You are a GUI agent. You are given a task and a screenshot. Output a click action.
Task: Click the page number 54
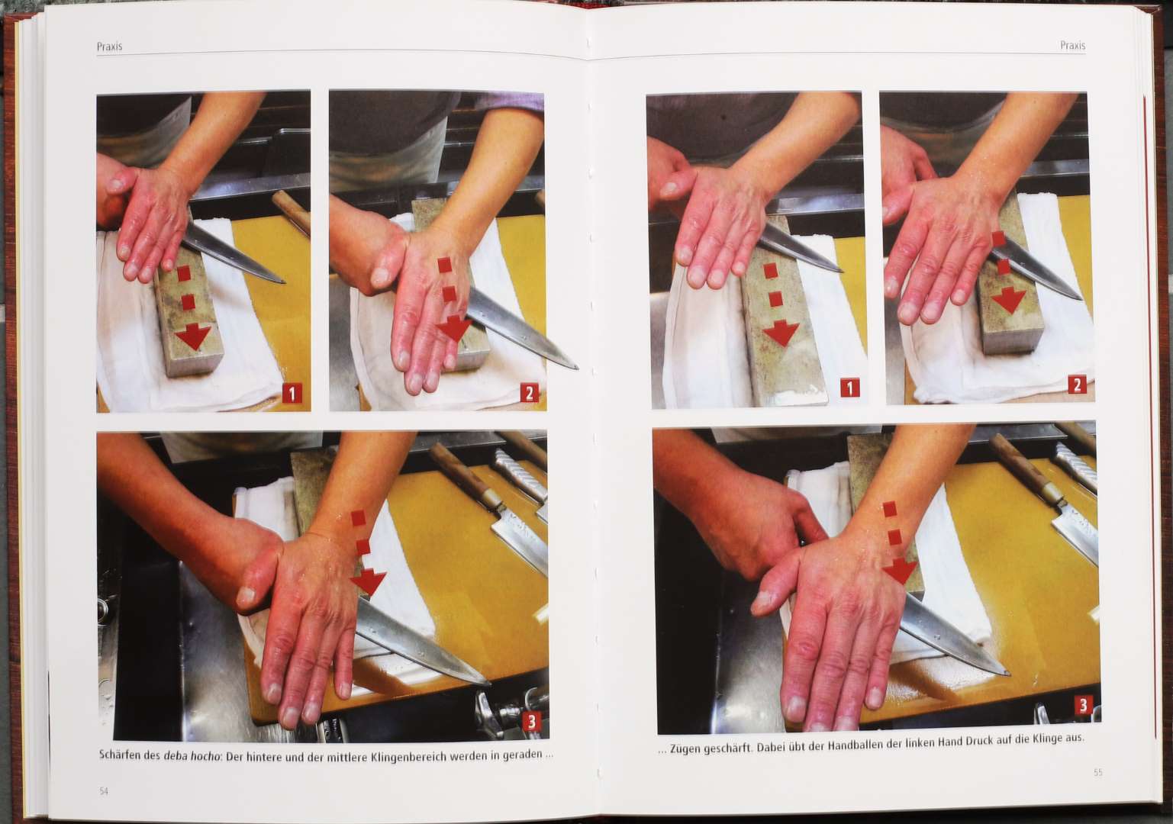(104, 791)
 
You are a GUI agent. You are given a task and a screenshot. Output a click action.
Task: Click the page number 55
(1098, 772)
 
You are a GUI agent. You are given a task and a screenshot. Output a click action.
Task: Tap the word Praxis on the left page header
(109, 46)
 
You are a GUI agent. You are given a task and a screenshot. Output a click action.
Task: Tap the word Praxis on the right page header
(1073, 46)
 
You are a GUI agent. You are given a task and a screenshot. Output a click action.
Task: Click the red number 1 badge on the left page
(292, 393)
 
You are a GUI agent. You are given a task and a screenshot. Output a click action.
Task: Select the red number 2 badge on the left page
(529, 393)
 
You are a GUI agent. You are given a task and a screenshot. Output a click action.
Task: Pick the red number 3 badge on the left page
(531, 722)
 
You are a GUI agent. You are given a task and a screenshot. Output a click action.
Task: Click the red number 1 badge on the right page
(849, 388)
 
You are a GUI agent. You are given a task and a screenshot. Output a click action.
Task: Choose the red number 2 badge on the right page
(1077, 385)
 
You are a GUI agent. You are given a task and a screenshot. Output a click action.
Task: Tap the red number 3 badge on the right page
(1084, 706)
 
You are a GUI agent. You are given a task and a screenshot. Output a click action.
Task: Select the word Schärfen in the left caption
(120, 756)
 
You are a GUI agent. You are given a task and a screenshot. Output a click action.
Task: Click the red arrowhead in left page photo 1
(193, 336)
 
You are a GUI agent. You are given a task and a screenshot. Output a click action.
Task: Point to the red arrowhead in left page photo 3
(369, 582)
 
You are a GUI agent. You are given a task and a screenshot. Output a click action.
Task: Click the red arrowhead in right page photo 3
(901, 571)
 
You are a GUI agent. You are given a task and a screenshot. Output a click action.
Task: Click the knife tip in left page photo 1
(284, 282)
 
